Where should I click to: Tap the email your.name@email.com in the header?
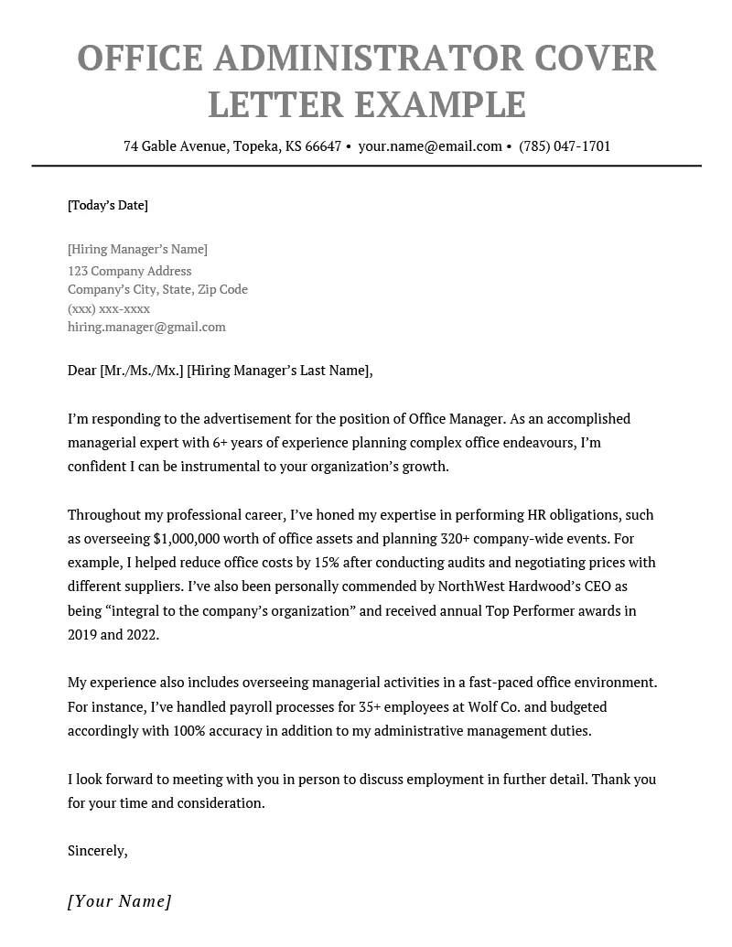click(x=430, y=146)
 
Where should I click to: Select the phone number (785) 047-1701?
click(x=565, y=146)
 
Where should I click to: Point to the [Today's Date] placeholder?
click(x=108, y=205)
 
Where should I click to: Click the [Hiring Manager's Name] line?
click(x=137, y=249)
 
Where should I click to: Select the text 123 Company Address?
click(x=130, y=271)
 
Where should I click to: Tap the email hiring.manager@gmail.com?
click(x=146, y=327)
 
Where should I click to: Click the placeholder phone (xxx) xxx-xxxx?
click(x=109, y=308)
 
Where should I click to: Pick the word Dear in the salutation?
click(x=81, y=371)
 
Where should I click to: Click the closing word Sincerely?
click(x=97, y=851)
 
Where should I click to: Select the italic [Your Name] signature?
click(x=120, y=901)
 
